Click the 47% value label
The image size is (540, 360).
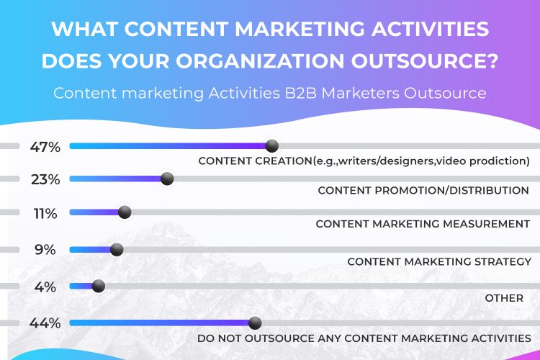[x=45, y=147]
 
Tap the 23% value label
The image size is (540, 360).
[x=45, y=179]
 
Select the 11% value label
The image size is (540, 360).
[x=45, y=214]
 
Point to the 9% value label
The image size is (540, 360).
[x=45, y=249]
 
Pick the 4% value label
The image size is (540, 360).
[x=45, y=287]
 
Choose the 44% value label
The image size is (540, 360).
[x=45, y=323]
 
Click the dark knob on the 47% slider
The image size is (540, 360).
[x=272, y=146]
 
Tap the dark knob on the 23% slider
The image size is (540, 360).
[x=167, y=179]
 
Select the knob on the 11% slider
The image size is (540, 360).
[x=125, y=212]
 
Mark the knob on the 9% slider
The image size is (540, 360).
[x=117, y=249]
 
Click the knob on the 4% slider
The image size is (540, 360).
[x=99, y=286]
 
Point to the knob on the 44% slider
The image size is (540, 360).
[x=255, y=323]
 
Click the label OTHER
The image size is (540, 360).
[x=504, y=298]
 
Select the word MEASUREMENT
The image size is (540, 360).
[x=486, y=224]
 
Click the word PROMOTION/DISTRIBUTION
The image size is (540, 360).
[x=451, y=190]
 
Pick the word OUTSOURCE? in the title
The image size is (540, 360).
[x=424, y=60]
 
